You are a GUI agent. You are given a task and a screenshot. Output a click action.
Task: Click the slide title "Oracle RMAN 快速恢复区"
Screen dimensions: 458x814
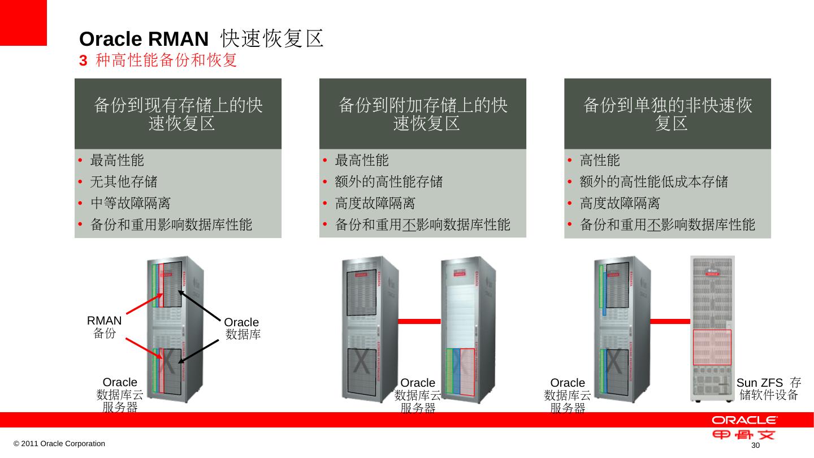(x=201, y=38)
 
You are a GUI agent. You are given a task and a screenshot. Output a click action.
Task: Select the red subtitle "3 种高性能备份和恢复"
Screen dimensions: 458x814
(x=158, y=60)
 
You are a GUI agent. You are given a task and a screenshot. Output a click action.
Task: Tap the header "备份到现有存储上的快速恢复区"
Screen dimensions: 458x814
(x=178, y=114)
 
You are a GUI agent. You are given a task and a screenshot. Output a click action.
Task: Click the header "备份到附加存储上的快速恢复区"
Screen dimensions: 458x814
(x=423, y=114)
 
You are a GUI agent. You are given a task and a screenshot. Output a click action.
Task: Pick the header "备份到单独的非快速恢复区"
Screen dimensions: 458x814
(x=668, y=114)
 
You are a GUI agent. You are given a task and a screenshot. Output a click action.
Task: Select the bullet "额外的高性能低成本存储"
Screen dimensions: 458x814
(x=654, y=182)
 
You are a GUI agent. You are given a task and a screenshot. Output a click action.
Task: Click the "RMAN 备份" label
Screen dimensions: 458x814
(x=105, y=327)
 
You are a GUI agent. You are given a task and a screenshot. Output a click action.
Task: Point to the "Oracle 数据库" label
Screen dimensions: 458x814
(x=243, y=329)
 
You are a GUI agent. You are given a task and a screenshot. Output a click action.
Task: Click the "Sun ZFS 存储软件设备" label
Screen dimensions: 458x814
(x=769, y=388)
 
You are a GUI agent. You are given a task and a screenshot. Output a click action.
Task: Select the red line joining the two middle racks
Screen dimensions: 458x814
(x=419, y=321)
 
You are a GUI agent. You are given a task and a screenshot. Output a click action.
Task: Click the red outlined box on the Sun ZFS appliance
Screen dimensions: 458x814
(x=712, y=347)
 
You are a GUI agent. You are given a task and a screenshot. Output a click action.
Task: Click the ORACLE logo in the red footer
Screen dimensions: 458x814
(x=744, y=420)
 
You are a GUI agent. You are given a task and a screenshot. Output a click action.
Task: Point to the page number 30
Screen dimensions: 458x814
(x=754, y=447)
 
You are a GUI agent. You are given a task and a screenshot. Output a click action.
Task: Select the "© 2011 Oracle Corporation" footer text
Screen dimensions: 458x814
(x=59, y=444)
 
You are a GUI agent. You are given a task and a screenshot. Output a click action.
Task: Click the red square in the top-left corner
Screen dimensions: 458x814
(x=23, y=23)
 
